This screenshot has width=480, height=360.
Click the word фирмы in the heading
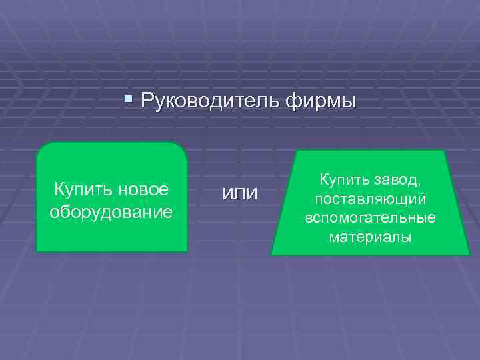tap(321, 101)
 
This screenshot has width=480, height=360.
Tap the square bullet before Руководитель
tap(129, 101)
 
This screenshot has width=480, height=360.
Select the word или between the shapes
tap(239, 193)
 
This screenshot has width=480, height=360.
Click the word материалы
tap(370, 237)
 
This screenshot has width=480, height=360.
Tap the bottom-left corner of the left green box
tap(37, 251)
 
